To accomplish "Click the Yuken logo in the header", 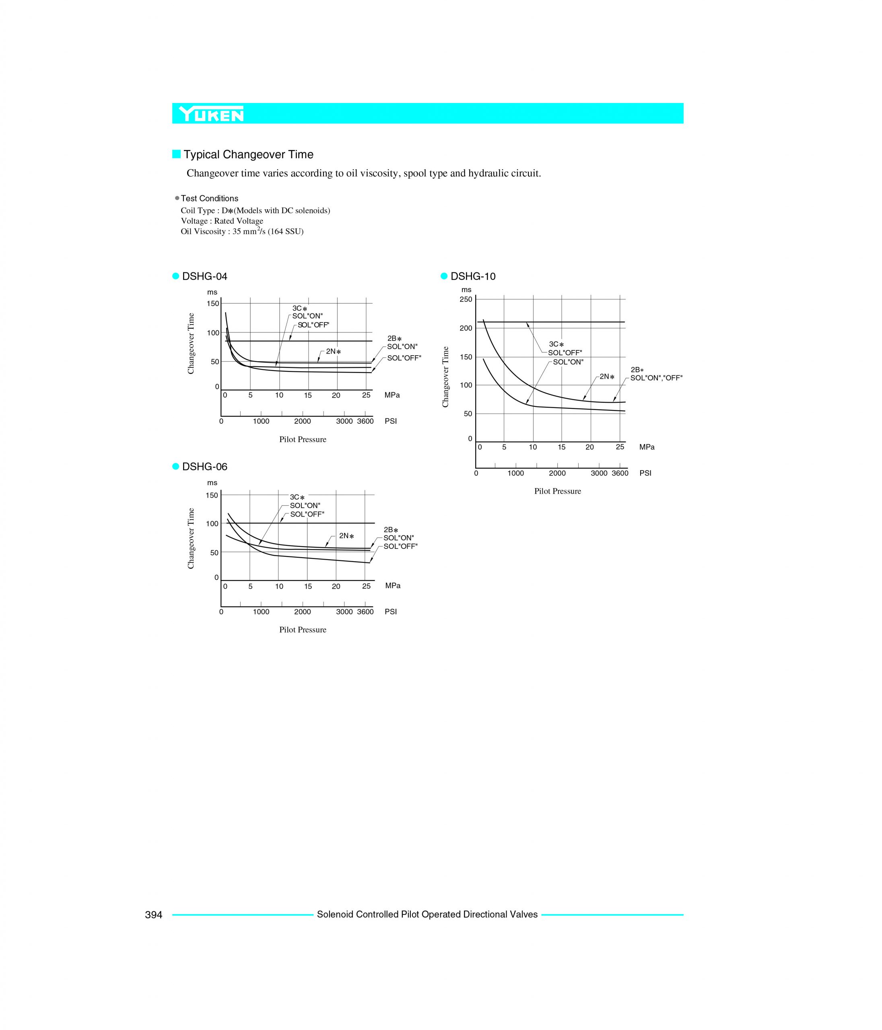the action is (212, 114).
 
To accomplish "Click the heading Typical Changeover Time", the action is (249, 154).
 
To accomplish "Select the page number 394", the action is (154, 915).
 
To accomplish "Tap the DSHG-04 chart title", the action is (205, 276).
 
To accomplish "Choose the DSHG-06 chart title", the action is (205, 467).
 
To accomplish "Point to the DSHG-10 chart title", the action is (473, 276).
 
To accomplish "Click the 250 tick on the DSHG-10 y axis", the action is (466, 299).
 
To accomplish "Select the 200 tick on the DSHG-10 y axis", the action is (466, 328).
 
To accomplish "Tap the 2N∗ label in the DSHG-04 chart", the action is (334, 352).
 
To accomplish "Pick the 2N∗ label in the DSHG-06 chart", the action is (346, 536).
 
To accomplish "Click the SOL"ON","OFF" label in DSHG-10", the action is (656, 378).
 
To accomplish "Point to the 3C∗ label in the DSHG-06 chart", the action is (297, 497).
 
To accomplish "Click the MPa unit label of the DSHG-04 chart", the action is (392, 395).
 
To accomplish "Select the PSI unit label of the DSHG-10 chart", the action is (645, 473).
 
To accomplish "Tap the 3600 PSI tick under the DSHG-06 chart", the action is (365, 612).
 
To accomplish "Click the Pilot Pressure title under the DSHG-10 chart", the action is (557, 491).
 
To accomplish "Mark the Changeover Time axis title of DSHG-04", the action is (191, 344).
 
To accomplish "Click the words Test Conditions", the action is (209, 198).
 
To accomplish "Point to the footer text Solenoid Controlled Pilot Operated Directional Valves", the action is (427, 915).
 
